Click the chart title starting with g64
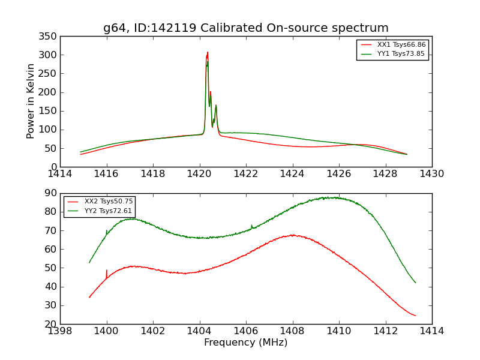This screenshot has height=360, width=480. click(246, 28)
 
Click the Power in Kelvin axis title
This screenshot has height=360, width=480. click(31, 101)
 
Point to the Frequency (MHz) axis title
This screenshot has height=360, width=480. click(246, 343)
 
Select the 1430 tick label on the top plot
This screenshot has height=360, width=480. click(431, 174)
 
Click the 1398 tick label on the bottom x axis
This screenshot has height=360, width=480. click(60, 331)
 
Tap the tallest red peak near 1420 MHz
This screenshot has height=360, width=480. click(208, 52)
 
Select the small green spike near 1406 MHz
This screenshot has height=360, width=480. click(251, 226)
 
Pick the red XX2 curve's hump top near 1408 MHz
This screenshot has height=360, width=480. click(292, 235)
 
